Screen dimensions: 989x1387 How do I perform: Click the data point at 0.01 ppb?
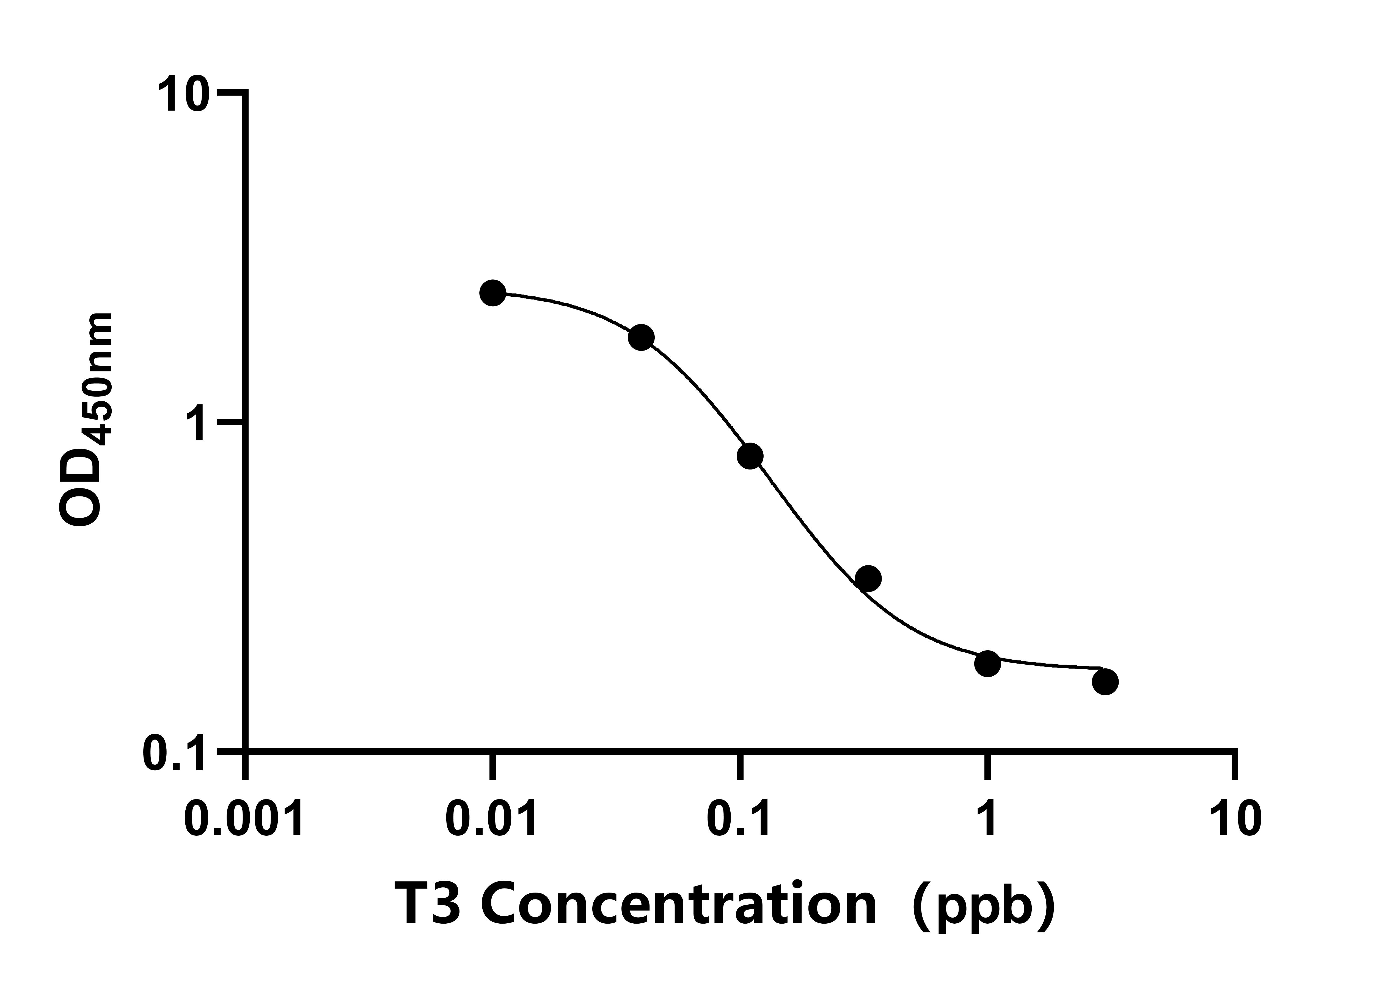[492, 293]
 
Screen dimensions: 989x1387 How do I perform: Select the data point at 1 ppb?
[987, 663]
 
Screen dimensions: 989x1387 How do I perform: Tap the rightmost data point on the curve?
[1105, 682]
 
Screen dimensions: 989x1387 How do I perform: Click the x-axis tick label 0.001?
[244, 820]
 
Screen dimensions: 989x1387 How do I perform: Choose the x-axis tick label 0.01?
[492, 820]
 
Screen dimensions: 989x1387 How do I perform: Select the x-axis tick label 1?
[987, 820]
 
